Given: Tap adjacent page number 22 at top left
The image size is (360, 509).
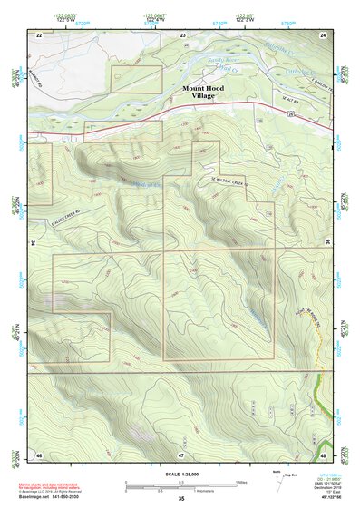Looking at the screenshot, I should pyautogui.click(x=39, y=34).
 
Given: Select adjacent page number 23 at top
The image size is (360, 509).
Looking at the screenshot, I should pyautogui.click(x=181, y=34).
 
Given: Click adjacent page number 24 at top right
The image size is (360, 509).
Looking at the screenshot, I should pyautogui.click(x=323, y=34).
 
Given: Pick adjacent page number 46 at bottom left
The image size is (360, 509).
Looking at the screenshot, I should pyautogui.click(x=39, y=454).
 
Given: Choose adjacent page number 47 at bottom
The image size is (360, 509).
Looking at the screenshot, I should pyautogui.click(x=181, y=454).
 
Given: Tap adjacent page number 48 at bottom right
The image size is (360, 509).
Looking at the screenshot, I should pyautogui.click(x=323, y=454).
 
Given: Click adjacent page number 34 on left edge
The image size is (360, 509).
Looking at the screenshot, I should pyautogui.click(x=34, y=243).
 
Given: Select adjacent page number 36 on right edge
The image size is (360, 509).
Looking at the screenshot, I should pyautogui.click(x=328, y=243).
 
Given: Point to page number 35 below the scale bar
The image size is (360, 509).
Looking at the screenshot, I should pyautogui.click(x=181, y=498).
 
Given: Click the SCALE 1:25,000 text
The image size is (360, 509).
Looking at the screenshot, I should pyautogui.click(x=181, y=472).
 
